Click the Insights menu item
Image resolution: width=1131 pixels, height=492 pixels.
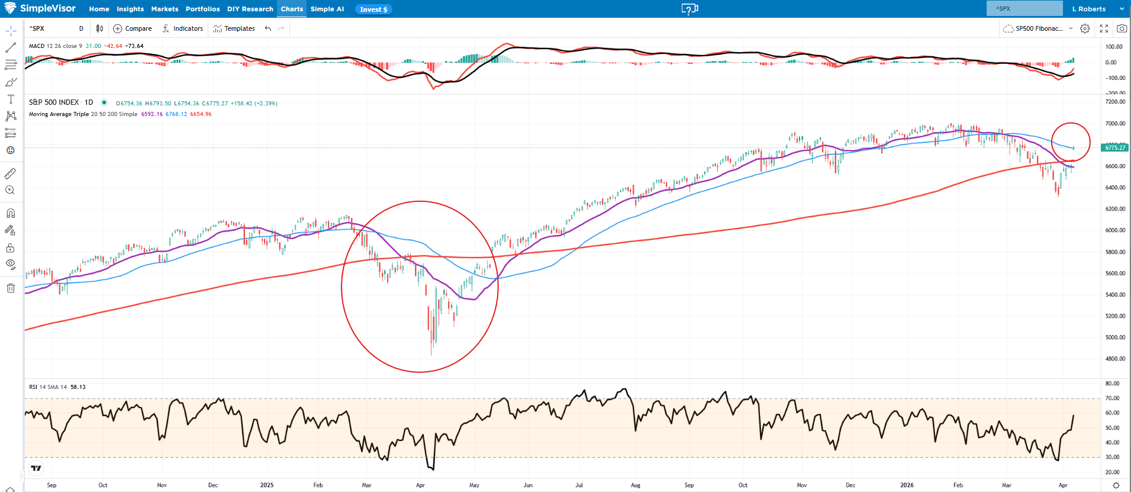130,9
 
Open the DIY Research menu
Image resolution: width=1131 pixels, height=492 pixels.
250,9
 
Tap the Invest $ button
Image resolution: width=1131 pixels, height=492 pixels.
373,9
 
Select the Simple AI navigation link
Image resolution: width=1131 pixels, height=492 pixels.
327,9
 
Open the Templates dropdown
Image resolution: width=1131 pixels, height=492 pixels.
234,28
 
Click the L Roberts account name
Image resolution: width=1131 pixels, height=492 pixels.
1089,9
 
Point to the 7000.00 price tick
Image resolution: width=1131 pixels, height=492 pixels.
1115,124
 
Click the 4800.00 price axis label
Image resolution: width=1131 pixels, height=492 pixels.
1115,359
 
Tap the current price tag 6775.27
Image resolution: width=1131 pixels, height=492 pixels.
1115,147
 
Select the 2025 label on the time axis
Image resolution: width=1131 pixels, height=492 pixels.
267,485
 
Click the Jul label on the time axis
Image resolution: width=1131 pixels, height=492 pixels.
579,485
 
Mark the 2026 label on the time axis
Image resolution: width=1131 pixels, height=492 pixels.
907,485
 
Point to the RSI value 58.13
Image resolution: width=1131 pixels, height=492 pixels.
78,387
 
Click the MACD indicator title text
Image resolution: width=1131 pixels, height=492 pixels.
37,46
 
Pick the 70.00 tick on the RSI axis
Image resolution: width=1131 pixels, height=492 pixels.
1112,398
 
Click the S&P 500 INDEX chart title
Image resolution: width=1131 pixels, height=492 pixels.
54,102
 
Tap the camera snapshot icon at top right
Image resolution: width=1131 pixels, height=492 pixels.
1122,28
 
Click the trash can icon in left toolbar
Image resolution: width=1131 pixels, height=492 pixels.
11,288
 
